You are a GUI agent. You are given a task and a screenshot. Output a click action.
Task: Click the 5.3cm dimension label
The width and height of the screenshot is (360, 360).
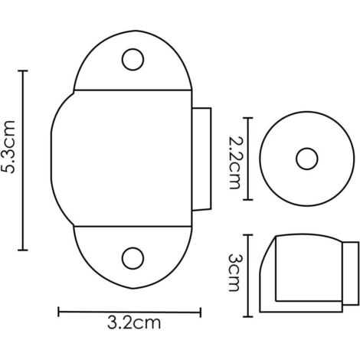8,146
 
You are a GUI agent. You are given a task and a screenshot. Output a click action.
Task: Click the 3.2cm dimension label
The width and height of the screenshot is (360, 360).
134,322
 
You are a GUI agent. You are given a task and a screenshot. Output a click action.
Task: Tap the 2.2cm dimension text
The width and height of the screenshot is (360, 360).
234,162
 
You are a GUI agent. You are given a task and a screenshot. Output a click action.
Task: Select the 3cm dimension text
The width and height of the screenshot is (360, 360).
234,273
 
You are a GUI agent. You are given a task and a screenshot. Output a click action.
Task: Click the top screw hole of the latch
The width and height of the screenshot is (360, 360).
133,60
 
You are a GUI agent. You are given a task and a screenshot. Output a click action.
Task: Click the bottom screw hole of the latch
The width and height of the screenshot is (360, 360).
133,258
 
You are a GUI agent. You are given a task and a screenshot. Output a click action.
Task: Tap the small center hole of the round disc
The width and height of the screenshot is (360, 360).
307,159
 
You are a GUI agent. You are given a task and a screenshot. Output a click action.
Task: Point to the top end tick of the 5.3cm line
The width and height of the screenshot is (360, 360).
23,70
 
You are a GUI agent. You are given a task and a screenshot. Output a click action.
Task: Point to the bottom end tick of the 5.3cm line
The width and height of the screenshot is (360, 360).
23,250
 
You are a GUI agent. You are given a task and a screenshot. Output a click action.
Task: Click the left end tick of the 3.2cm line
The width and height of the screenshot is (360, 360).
59,312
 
